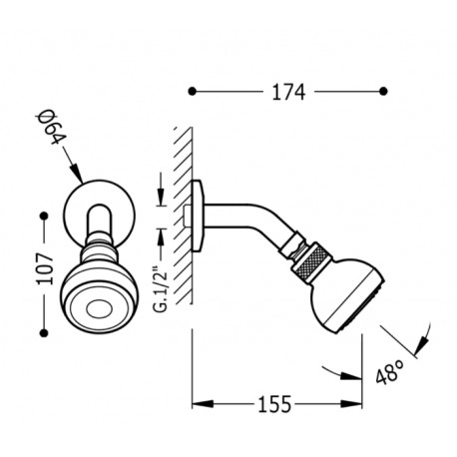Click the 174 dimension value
coord(287,92)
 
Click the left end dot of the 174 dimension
coord(194,92)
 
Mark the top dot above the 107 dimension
coord(43,215)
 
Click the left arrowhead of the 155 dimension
coord(197,404)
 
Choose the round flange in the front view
coord(94,209)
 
